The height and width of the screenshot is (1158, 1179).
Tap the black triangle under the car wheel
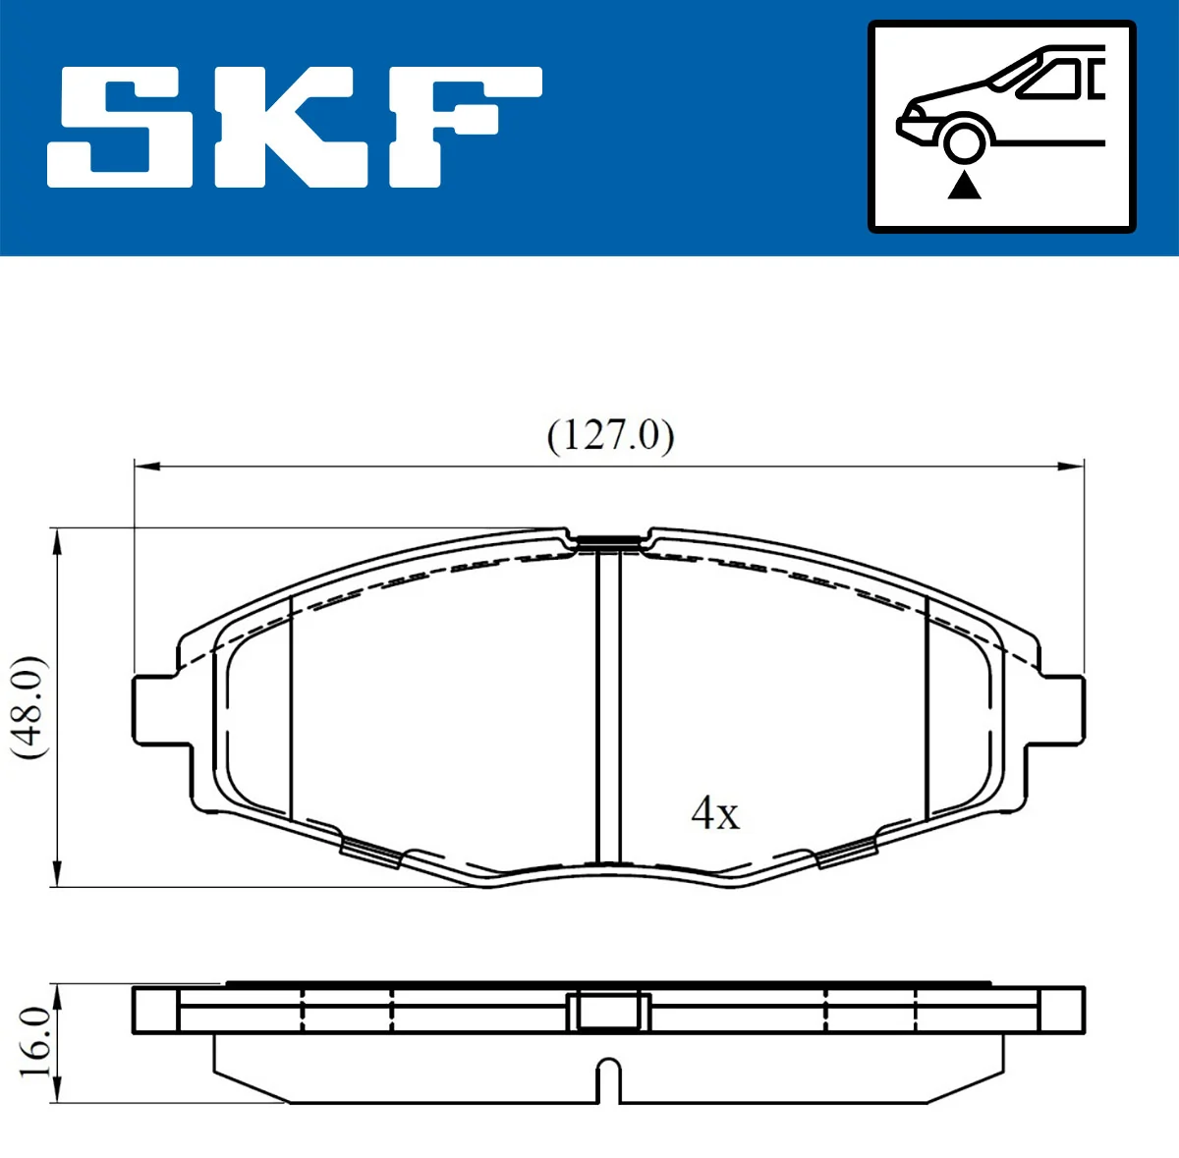[965, 185]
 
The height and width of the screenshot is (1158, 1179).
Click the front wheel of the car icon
[965, 139]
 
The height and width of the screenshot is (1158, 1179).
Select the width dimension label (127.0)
[610, 434]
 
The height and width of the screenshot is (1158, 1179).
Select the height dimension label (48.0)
[29, 707]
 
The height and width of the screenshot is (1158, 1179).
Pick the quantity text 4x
[715, 813]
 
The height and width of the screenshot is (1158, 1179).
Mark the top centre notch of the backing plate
[609, 540]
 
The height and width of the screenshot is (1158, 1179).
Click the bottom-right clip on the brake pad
[847, 852]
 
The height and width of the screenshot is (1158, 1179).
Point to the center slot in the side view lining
[609, 1080]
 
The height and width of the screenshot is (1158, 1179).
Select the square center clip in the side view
[609, 1011]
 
